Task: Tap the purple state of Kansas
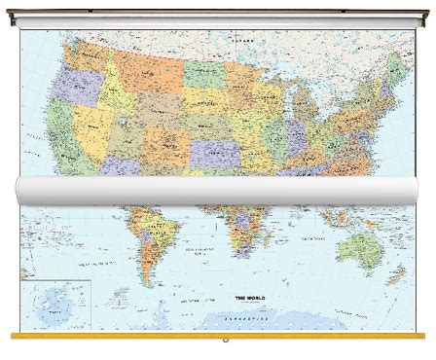[x=219, y=152]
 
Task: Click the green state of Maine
[x=396, y=66]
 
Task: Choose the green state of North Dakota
[x=204, y=72]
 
